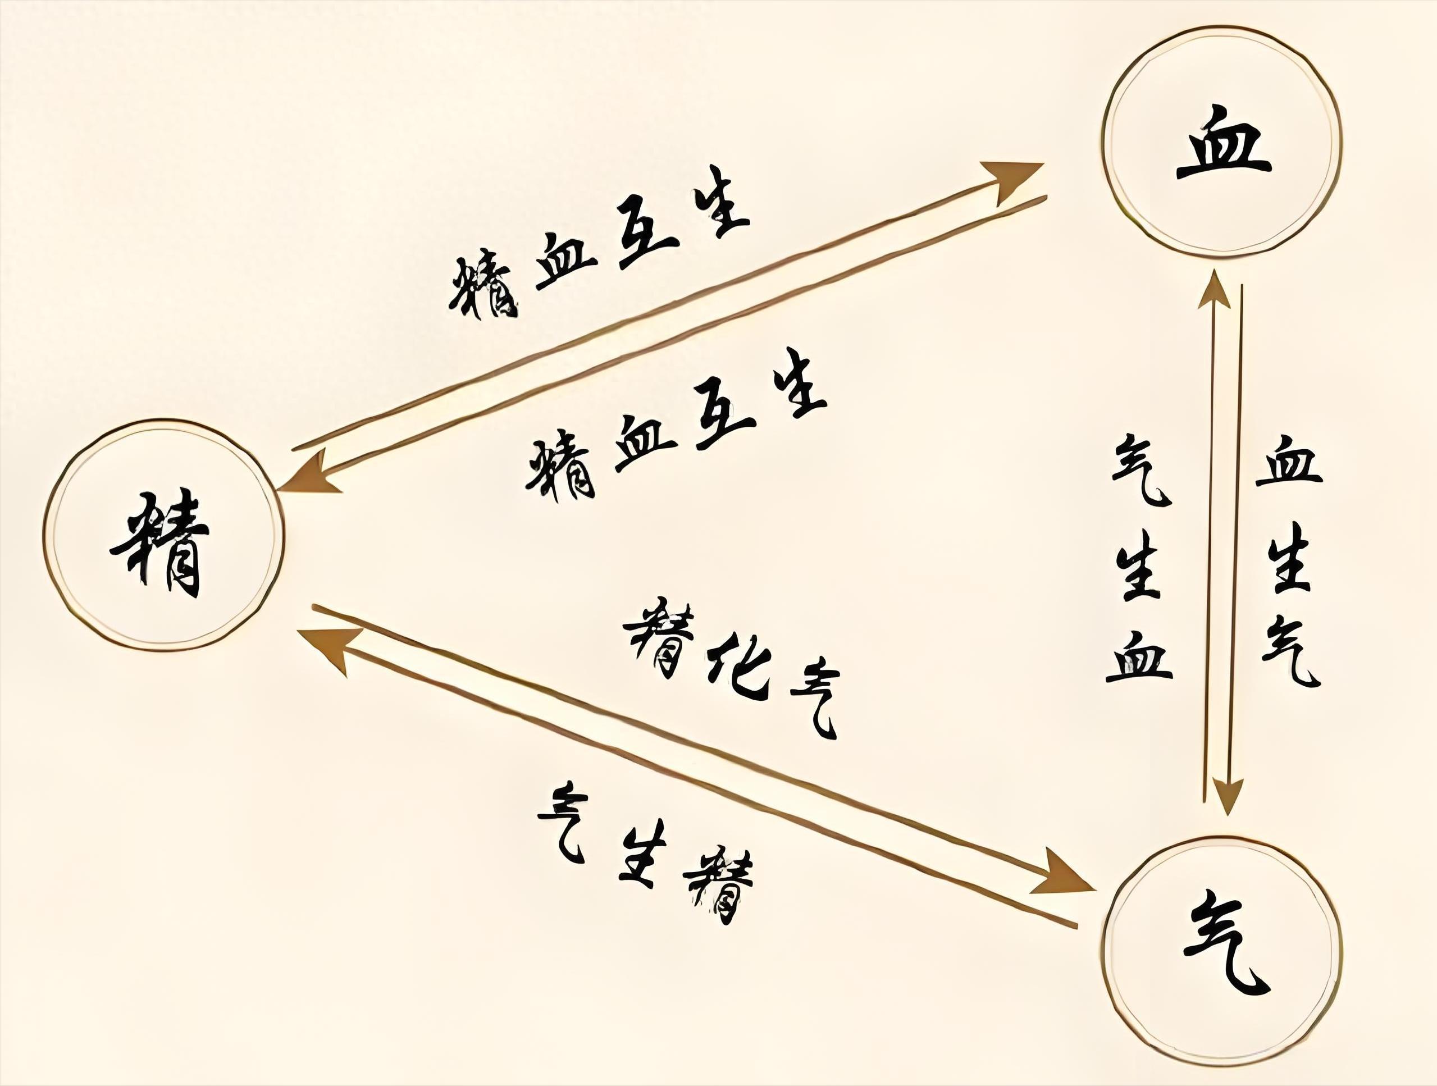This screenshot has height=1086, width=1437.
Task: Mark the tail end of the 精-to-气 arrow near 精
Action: (x=313, y=606)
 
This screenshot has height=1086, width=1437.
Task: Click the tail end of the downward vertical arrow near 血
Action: (x=1242, y=285)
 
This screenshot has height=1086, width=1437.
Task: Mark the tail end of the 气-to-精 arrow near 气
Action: (x=1076, y=924)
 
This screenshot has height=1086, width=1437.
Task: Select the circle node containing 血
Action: (x=1222, y=140)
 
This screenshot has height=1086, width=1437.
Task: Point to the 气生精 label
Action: (x=646, y=851)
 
